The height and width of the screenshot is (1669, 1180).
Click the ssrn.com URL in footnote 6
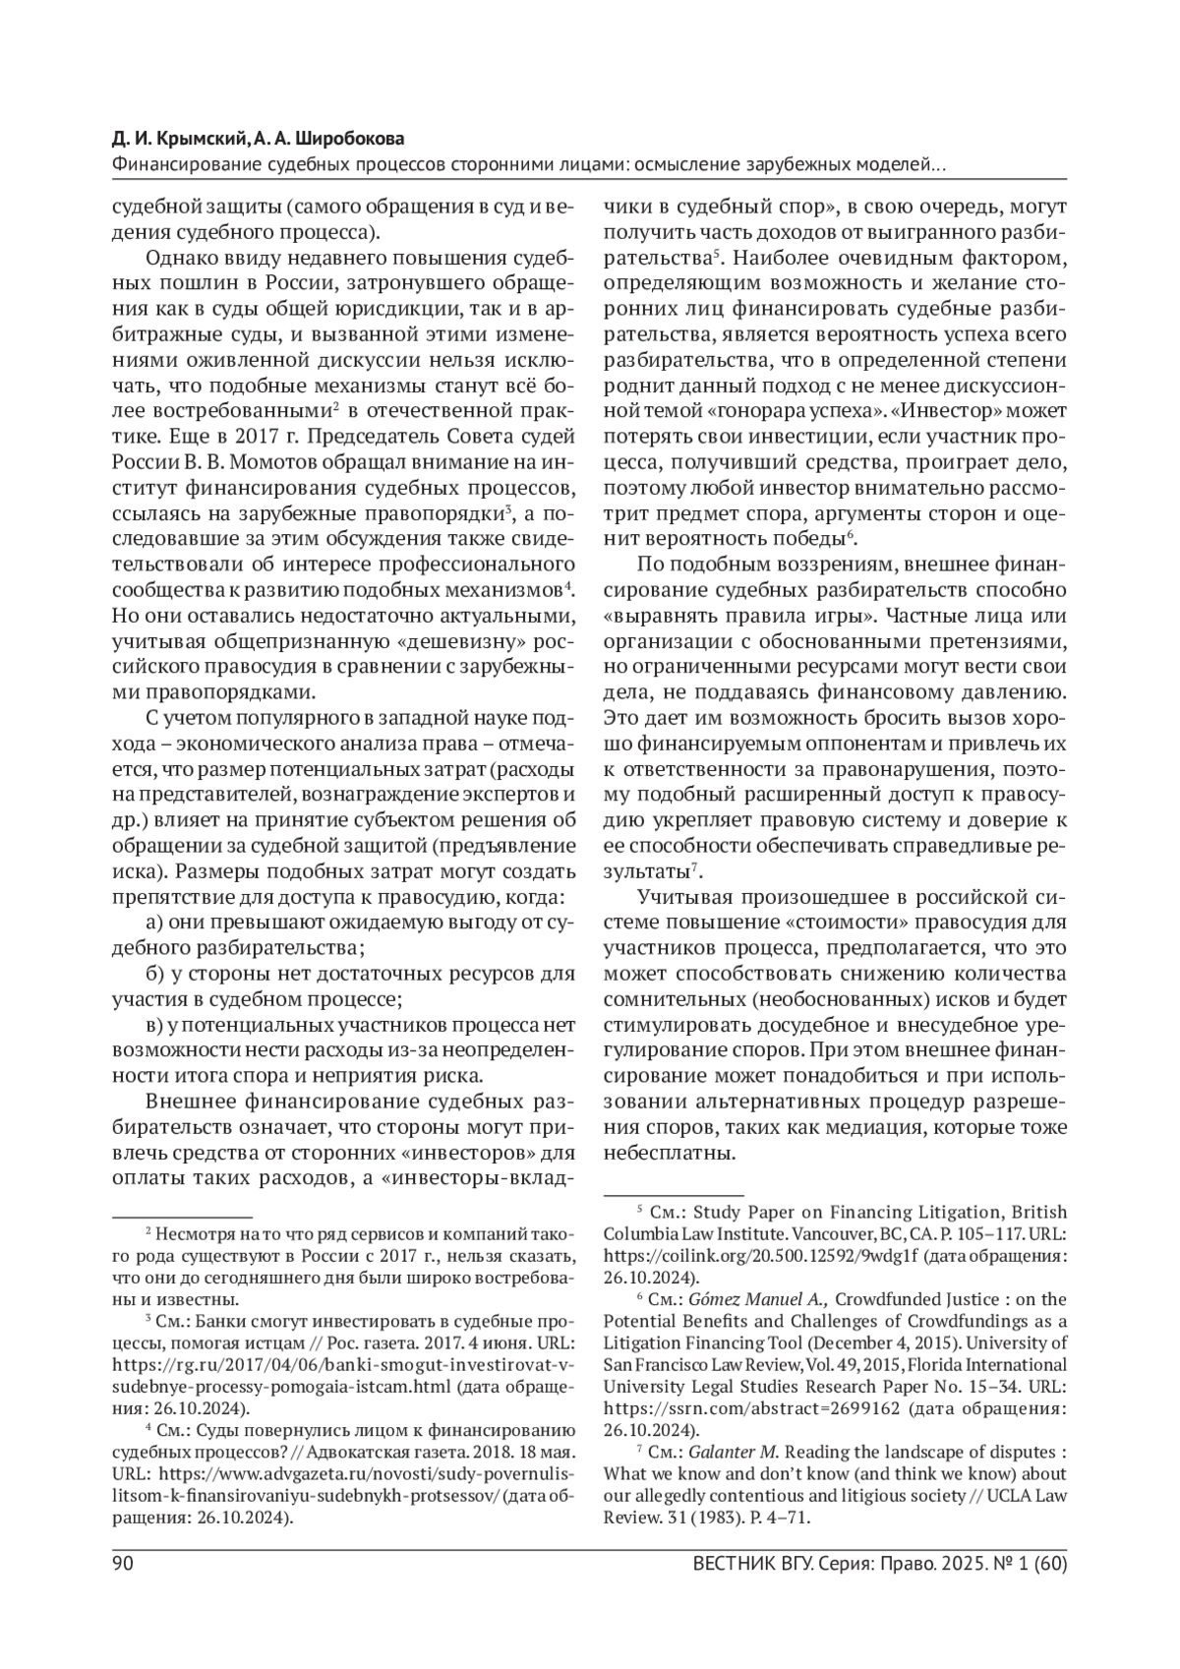(749, 1407)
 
